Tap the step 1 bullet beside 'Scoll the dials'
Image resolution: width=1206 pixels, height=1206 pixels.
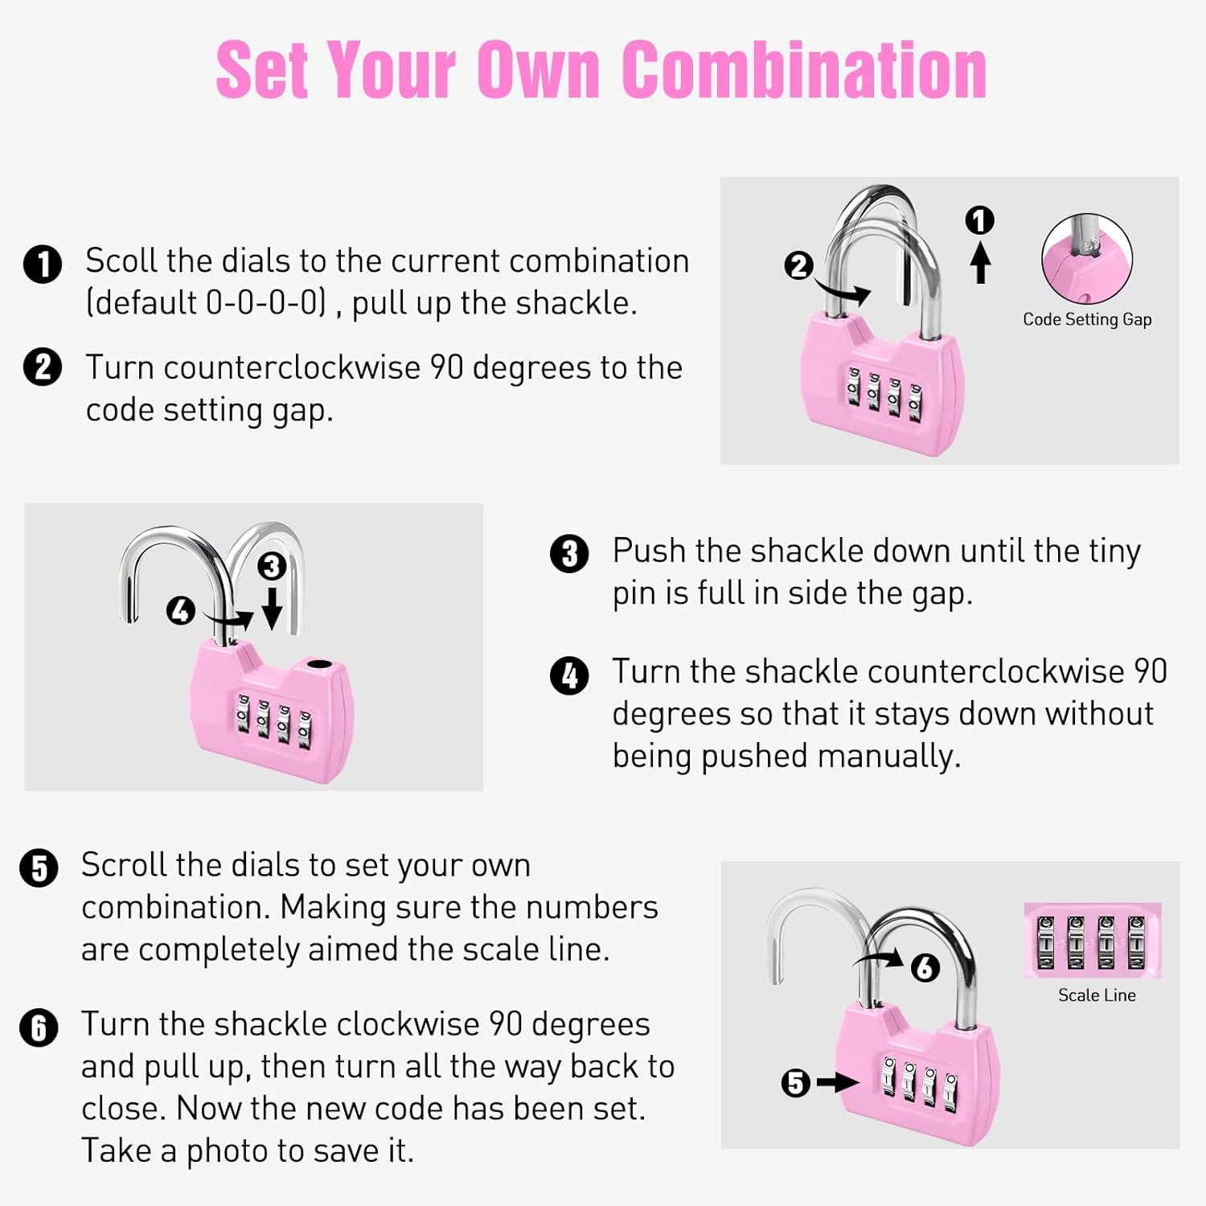pos(43,265)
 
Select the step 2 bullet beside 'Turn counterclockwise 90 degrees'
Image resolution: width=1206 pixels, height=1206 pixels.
pos(43,367)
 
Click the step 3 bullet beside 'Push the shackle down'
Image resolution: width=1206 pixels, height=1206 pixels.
pos(569,554)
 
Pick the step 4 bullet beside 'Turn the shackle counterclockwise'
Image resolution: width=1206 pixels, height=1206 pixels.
pos(569,675)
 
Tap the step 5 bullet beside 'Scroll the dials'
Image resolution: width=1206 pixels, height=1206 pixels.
pos(39,868)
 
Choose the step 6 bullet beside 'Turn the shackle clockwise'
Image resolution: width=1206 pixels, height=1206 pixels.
pos(39,1028)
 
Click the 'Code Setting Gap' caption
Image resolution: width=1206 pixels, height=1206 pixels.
pos(1087,319)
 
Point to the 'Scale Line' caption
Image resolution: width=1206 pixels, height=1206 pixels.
pos(1097,995)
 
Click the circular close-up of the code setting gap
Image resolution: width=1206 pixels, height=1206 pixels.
pos(1087,259)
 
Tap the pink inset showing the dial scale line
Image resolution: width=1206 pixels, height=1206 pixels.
pos(1093,940)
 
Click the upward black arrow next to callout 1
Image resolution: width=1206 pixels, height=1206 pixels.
pos(979,263)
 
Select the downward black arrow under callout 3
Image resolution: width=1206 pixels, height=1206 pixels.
pos(272,608)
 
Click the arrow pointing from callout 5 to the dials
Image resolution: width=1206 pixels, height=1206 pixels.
pos(838,1083)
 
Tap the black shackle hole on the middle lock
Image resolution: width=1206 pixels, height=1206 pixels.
pos(319,665)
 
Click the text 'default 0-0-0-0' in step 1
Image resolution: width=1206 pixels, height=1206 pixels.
pos(207,303)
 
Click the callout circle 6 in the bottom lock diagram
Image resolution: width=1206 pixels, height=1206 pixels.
pos(925,967)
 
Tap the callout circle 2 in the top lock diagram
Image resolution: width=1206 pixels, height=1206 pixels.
pos(798,265)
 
